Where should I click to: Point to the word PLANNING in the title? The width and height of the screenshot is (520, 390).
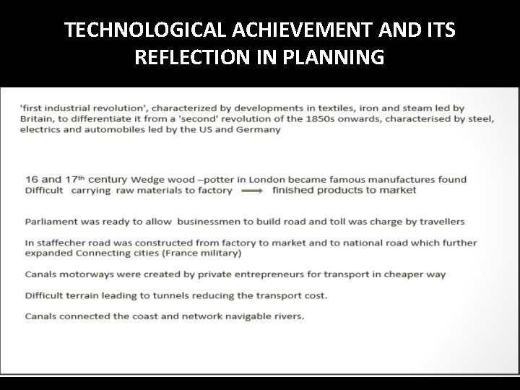(342, 58)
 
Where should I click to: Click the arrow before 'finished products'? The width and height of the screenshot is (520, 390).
(253, 191)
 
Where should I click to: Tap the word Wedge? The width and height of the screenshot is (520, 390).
(147, 179)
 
